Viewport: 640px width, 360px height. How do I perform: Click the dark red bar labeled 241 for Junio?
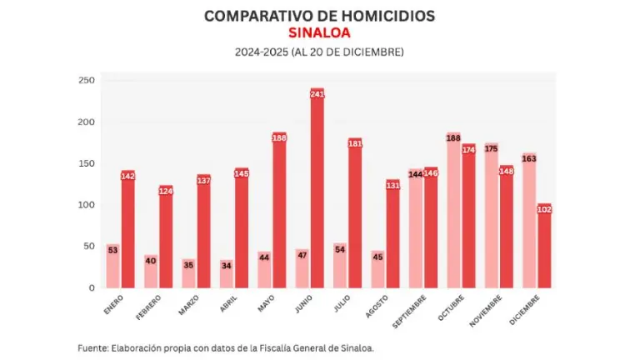click(317, 192)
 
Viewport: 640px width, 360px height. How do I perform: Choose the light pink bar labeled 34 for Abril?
click(227, 275)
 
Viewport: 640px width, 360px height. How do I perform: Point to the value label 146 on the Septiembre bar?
click(431, 173)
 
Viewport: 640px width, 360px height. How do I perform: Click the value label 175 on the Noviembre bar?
click(491, 149)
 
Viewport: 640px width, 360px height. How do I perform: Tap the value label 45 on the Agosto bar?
click(377, 257)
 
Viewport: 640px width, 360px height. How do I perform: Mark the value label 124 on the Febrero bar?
click(166, 192)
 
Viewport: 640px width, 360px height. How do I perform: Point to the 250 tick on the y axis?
click(87, 81)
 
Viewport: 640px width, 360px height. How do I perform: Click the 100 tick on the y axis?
click(87, 205)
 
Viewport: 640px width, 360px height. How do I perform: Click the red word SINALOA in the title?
click(319, 33)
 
